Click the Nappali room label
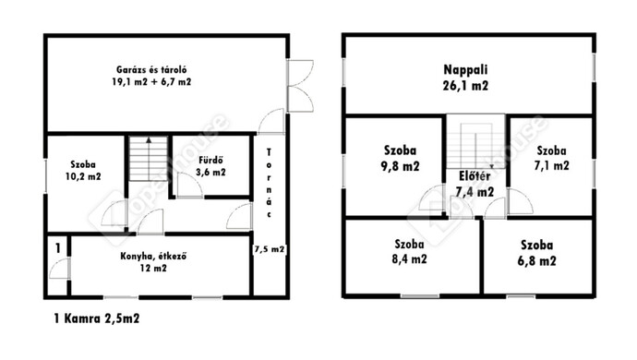click(x=465, y=70)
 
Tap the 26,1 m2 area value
click(x=465, y=86)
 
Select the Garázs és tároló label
click(x=151, y=70)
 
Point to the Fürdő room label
click(x=210, y=160)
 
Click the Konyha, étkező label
click(x=153, y=257)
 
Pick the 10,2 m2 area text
click(x=83, y=176)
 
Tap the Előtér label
click(x=475, y=176)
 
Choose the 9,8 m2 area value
click(x=400, y=166)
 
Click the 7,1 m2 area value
click(x=552, y=166)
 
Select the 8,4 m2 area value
click(x=410, y=259)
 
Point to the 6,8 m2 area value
click(x=536, y=261)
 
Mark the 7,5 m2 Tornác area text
click(x=269, y=249)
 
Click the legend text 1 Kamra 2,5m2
click(x=97, y=318)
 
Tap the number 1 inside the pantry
click(x=58, y=248)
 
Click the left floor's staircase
click(x=149, y=159)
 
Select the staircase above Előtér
click(x=475, y=141)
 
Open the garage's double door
click(x=300, y=86)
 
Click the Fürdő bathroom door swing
click(x=190, y=186)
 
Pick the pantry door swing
click(x=59, y=269)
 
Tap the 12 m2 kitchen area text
click(x=153, y=269)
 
